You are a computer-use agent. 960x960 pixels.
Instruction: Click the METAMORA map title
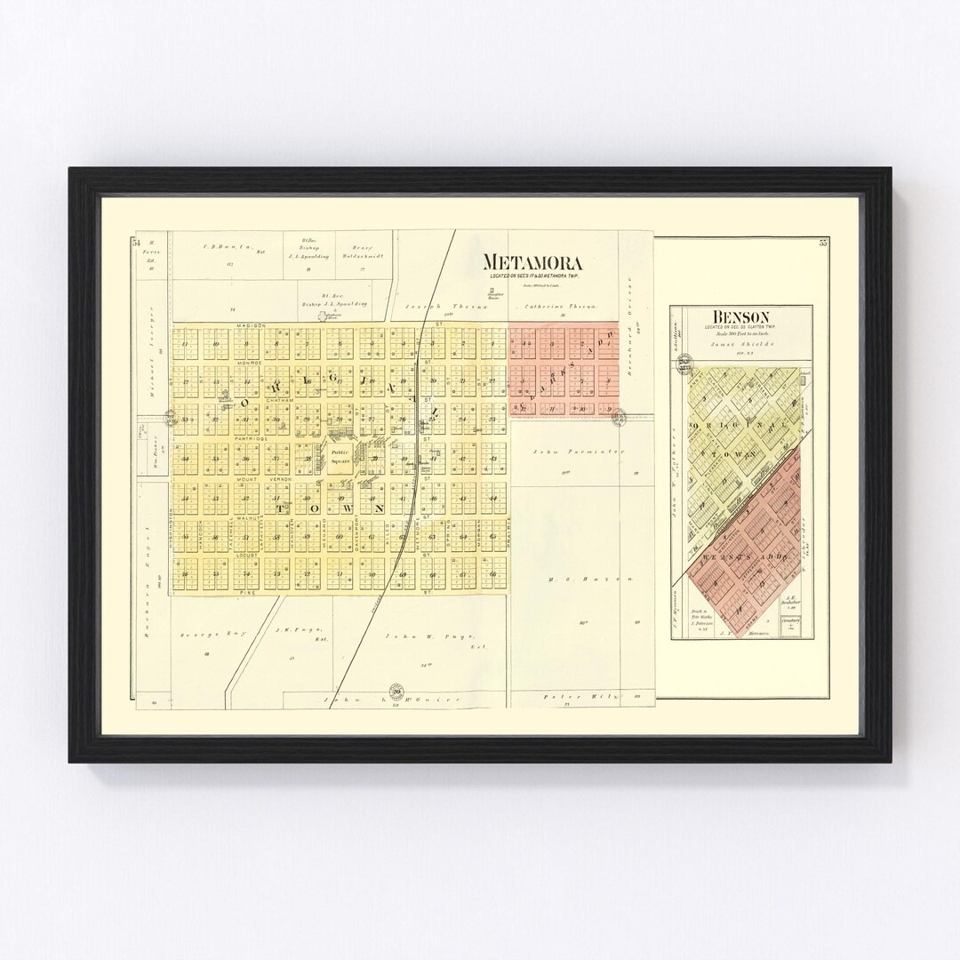532,262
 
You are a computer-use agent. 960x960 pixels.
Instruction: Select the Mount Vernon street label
258,479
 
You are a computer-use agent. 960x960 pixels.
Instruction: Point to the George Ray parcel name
201,636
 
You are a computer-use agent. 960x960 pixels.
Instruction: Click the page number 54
136,242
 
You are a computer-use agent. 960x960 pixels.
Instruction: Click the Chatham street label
278,401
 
